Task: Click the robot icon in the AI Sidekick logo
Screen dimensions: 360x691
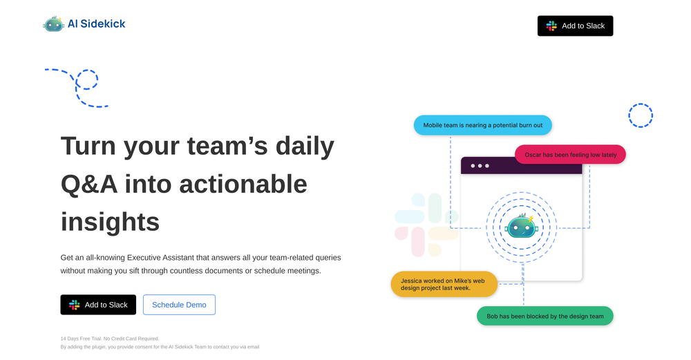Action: pyautogui.click(x=53, y=24)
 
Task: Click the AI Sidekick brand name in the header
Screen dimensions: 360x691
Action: pyautogui.click(x=96, y=24)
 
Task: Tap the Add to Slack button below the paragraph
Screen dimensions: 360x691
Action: pyautogui.click(x=98, y=305)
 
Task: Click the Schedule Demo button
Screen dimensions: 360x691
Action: pyautogui.click(x=179, y=305)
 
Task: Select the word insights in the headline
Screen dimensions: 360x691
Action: pyautogui.click(x=110, y=222)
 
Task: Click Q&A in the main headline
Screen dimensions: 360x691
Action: pyautogui.click(x=88, y=184)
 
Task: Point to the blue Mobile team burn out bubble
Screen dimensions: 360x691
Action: pyautogui.click(x=482, y=125)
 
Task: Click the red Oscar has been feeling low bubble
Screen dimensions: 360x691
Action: pyautogui.click(x=570, y=155)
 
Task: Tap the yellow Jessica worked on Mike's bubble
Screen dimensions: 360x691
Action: pyautogui.click(x=444, y=284)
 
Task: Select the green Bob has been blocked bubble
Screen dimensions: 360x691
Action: pyautogui.click(x=545, y=316)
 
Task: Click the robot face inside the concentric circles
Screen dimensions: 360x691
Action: pyautogui.click(x=520, y=227)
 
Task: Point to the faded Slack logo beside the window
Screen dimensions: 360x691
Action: pyautogui.click(x=426, y=225)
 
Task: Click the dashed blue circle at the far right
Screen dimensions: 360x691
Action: pyautogui.click(x=640, y=115)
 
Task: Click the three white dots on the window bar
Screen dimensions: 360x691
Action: pyautogui.click(x=479, y=166)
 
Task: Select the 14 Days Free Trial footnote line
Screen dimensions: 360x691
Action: pyautogui.click(x=110, y=339)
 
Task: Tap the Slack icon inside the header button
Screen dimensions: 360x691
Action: pyautogui.click(x=551, y=26)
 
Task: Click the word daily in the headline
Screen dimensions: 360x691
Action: pyautogui.click(x=305, y=146)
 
